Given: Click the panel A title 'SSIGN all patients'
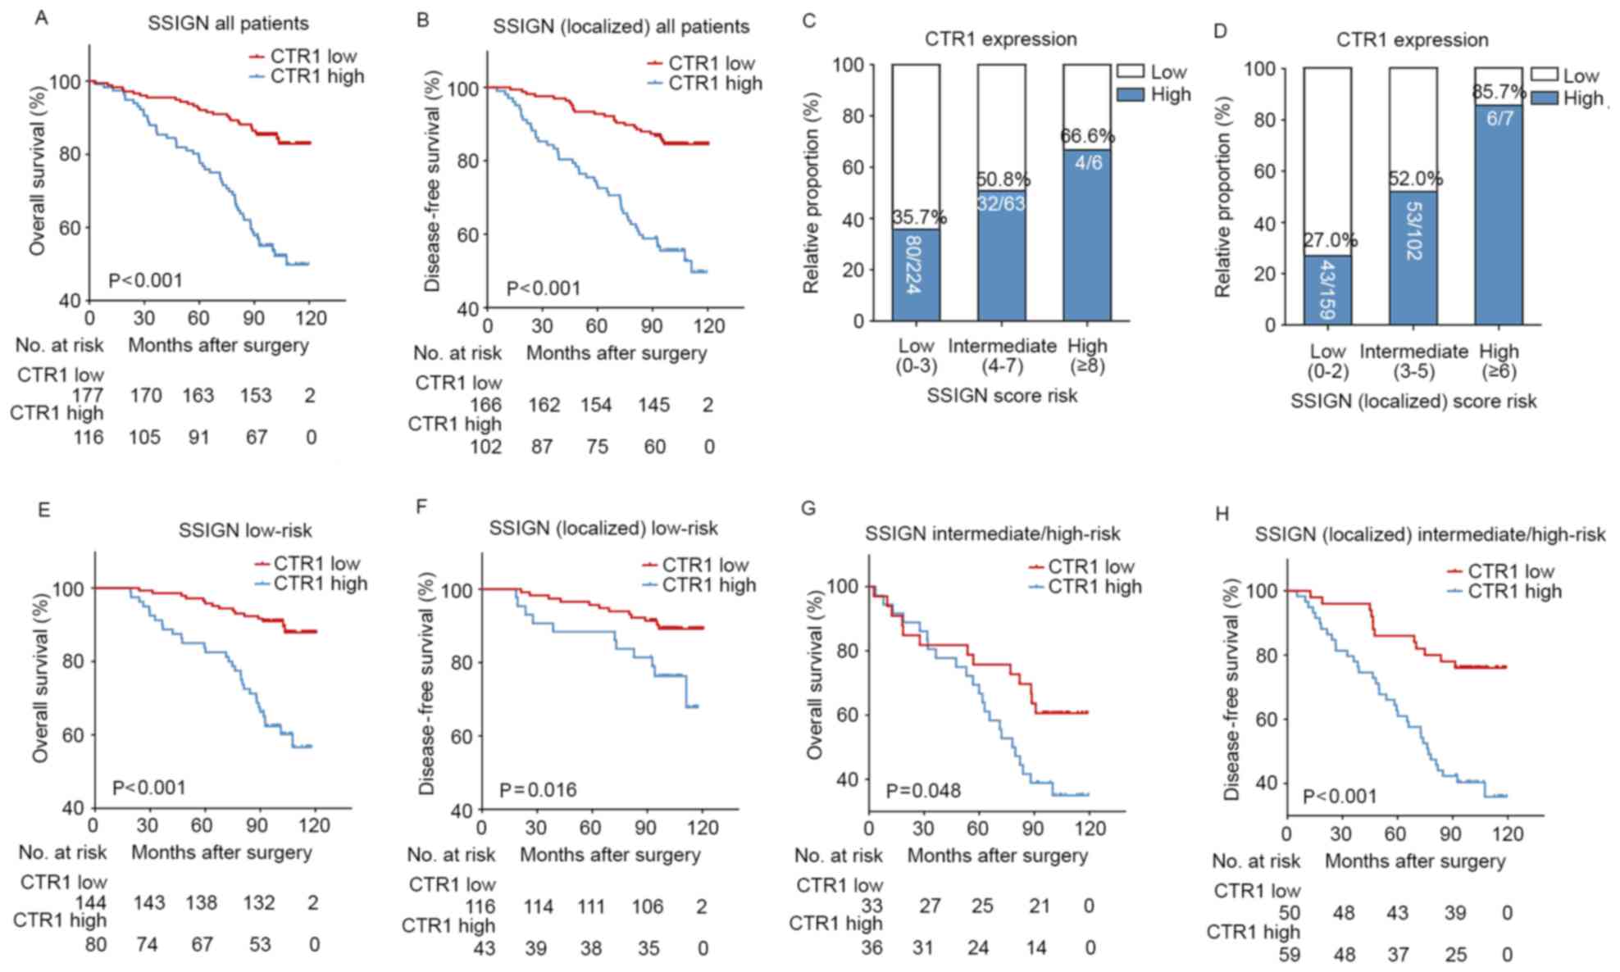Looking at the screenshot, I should pos(228,24).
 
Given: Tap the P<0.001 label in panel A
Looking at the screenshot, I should pos(145,281).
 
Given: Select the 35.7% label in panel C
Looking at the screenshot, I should pos(918,218).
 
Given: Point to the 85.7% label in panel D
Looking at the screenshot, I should pos(1499,92).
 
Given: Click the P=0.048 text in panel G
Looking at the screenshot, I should pos(923,791).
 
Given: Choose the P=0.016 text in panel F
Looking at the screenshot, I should pos(538,790).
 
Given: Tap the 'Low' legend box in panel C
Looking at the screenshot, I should pos(1131,72).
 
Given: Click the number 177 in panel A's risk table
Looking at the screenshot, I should pos(89,396).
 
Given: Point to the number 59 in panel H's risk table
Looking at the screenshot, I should pos(1289,955).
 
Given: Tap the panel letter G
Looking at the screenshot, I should pos(808,508).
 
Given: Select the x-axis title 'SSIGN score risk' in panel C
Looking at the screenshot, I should pos(1002,396).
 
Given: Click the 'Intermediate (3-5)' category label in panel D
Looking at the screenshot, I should pos(1413,361).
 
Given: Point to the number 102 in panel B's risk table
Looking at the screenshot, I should pos(485,447).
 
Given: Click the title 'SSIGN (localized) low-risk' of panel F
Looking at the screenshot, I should pos(603,529).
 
